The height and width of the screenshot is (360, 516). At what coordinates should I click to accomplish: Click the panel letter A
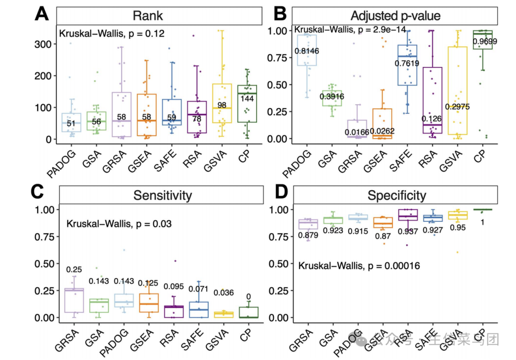pyautogui.click(x=42, y=14)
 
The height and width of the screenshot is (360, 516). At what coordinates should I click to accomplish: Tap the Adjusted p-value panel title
pyautogui.click(x=395, y=16)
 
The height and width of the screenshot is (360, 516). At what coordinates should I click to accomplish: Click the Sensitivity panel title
pyautogui.click(x=162, y=195)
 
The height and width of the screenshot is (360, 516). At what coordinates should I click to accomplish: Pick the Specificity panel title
pyautogui.click(x=397, y=195)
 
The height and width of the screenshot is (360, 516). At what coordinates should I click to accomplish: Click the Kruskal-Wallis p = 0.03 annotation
pyautogui.click(x=119, y=223)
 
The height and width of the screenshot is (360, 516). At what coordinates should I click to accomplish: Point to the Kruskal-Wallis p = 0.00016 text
pyautogui.click(x=359, y=265)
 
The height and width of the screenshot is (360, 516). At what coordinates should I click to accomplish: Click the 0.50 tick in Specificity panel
pyautogui.click(x=280, y=264)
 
